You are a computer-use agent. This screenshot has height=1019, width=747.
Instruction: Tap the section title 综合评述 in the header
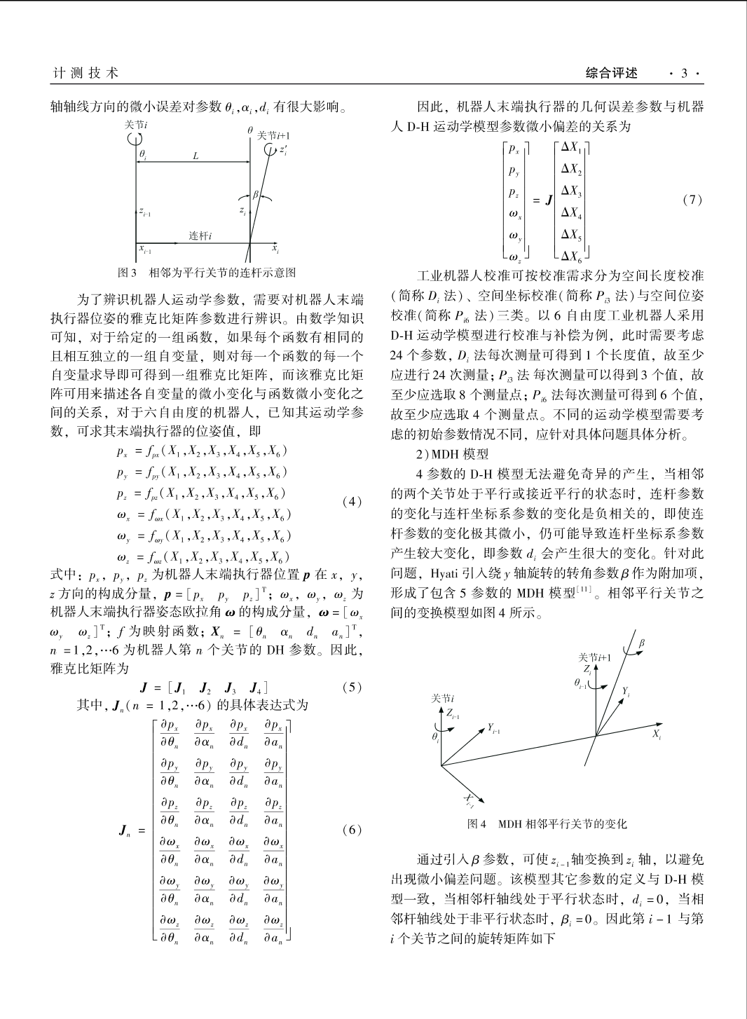tap(612, 72)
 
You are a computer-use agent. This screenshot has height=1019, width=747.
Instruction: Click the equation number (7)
tap(692, 200)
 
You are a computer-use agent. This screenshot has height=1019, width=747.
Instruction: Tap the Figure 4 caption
tap(547, 824)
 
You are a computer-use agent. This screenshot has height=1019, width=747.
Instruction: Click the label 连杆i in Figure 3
tap(200, 235)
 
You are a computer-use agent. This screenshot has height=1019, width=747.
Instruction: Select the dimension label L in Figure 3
tap(196, 156)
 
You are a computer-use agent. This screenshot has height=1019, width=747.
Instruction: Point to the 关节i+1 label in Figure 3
tap(274, 136)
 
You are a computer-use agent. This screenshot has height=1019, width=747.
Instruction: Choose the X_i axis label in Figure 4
tap(657, 734)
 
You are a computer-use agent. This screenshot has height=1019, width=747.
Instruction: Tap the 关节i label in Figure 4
tap(442, 699)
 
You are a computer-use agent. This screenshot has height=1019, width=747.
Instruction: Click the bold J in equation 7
tap(549, 201)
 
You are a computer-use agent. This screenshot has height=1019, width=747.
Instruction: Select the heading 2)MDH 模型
tap(453, 454)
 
